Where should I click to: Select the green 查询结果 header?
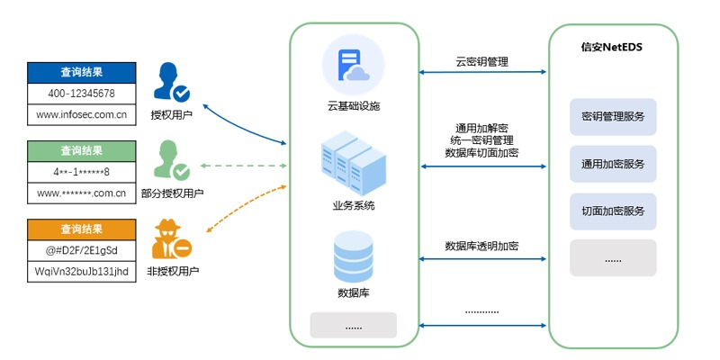(81, 150)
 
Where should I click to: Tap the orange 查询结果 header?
(81, 229)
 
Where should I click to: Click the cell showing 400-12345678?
(81, 94)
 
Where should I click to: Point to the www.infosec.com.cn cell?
(81, 114)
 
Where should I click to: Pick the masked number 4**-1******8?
(81, 171)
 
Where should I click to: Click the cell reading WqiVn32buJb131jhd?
(81, 270)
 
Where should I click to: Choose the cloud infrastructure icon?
(353, 66)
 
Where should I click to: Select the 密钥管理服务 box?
(613, 117)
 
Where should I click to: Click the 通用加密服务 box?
(613, 164)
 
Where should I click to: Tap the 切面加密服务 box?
(613, 211)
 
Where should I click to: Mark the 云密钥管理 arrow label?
(481, 62)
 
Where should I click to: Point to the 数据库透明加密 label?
(481, 246)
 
